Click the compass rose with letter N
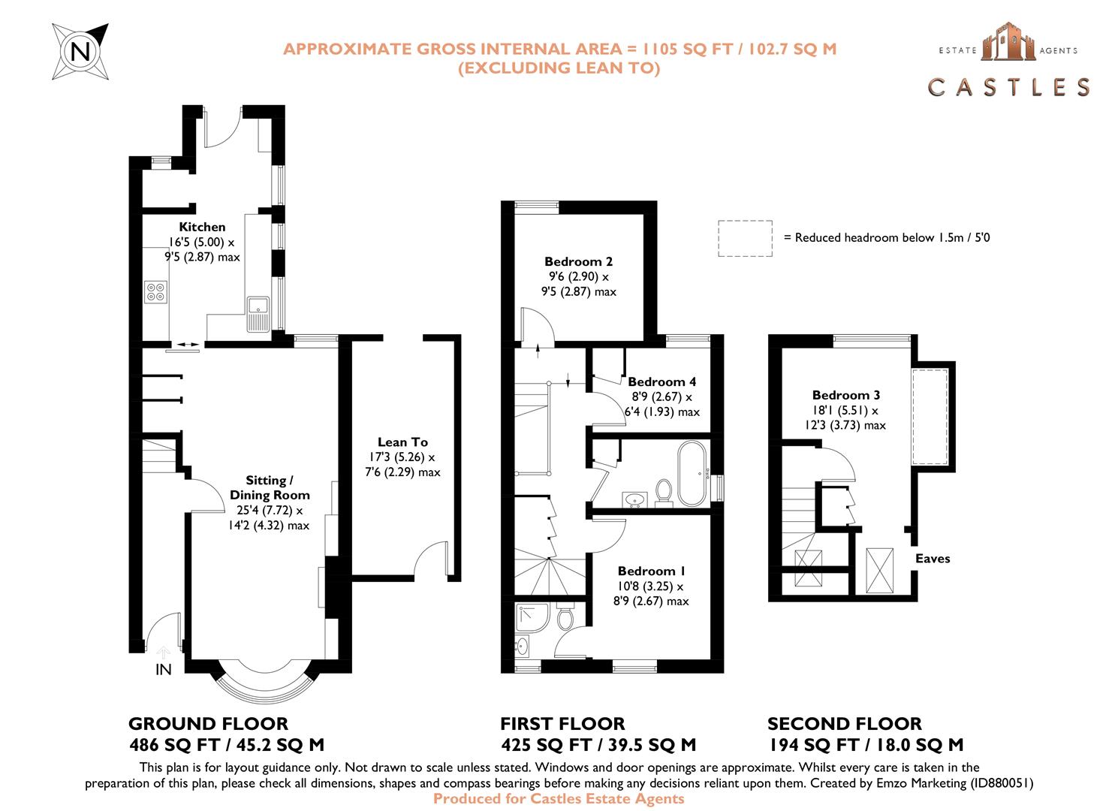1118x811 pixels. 80,51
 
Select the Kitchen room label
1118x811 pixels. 202,227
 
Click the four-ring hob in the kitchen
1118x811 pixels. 156,291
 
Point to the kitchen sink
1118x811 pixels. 258,306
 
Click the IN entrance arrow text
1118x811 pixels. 163,669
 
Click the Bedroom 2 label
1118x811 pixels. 578,261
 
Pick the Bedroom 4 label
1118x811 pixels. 661,381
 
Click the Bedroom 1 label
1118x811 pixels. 651,571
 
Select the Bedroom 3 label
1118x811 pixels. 845,395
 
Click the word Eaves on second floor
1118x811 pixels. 933,558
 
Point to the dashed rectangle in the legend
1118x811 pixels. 744,238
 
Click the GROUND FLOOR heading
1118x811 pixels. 208,724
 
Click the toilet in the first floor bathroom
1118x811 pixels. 663,490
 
